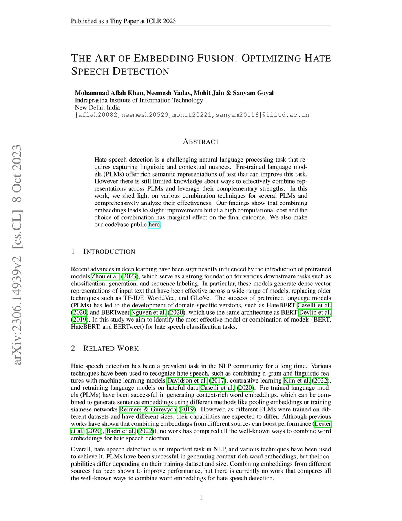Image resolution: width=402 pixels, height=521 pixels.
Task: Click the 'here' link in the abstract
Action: tap(154, 225)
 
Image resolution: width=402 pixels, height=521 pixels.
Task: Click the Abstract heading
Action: tap(201, 142)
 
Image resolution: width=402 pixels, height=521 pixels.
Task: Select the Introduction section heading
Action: tap(109, 252)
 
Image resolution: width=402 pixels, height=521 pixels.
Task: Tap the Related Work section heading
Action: tap(111, 348)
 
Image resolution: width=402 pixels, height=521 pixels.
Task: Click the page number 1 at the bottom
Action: tap(201, 498)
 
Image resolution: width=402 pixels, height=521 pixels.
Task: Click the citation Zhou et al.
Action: tap(105, 276)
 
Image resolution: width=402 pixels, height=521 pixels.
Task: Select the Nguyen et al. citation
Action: tap(148, 313)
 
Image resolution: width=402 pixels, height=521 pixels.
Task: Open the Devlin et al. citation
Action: tap(315, 313)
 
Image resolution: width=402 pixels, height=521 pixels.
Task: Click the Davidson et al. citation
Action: tap(187, 381)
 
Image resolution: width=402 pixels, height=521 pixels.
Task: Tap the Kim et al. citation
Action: tap(297, 381)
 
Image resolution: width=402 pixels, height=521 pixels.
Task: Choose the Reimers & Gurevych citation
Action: tap(148, 409)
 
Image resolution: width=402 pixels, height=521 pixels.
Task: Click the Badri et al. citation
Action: tap(121, 431)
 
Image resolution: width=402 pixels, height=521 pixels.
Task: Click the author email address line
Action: tap(192, 115)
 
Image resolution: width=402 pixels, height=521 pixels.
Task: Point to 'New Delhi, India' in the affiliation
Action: tap(97, 107)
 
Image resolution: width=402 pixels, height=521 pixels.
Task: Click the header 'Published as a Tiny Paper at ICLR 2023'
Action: tap(123, 21)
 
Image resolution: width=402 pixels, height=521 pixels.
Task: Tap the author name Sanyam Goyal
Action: tap(253, 93)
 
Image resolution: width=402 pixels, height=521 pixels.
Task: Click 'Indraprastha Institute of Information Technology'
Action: tap(139, 100)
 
